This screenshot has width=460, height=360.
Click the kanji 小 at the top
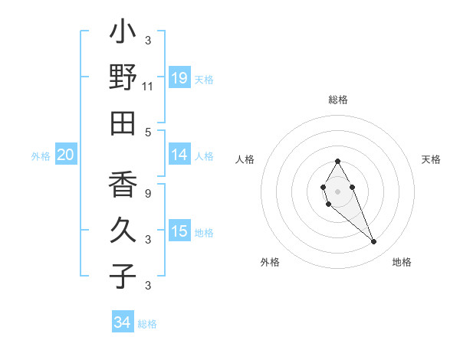point(123,33)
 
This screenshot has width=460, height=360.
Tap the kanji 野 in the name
point(123,77)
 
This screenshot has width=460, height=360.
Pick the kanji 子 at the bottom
point(123,276)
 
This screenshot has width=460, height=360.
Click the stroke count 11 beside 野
point(148,87)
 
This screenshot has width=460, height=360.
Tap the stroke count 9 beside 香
point(148,193)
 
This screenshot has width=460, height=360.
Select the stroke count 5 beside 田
point(148,132)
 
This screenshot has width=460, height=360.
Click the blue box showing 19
point(179,78)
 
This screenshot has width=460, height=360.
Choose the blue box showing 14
point(179,155)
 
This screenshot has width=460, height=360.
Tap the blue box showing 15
point(179,231)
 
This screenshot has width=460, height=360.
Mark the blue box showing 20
point(65,155)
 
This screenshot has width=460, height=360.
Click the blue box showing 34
point(123,322)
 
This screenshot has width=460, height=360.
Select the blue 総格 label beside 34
point(147,324)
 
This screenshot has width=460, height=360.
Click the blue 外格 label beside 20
point(41,156)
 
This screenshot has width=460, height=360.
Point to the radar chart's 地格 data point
point(374,242)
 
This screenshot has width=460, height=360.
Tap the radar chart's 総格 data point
point(337,161)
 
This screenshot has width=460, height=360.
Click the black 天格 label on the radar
point(432,159)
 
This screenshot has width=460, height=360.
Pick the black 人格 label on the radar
point(245,159)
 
